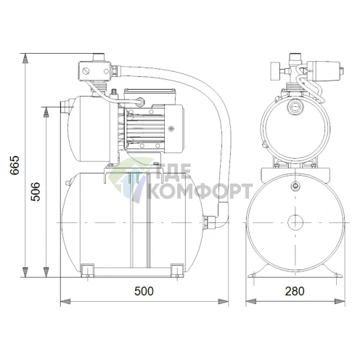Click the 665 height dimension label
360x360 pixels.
click(15, 165)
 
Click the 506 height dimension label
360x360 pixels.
click(36, 192)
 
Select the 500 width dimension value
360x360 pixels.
click(144, 291)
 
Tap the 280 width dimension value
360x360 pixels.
click(295, 291)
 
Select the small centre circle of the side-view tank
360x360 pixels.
click(295, 222)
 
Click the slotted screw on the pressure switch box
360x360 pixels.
click(86, 71)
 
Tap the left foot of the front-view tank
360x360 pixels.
click(87, 271)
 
